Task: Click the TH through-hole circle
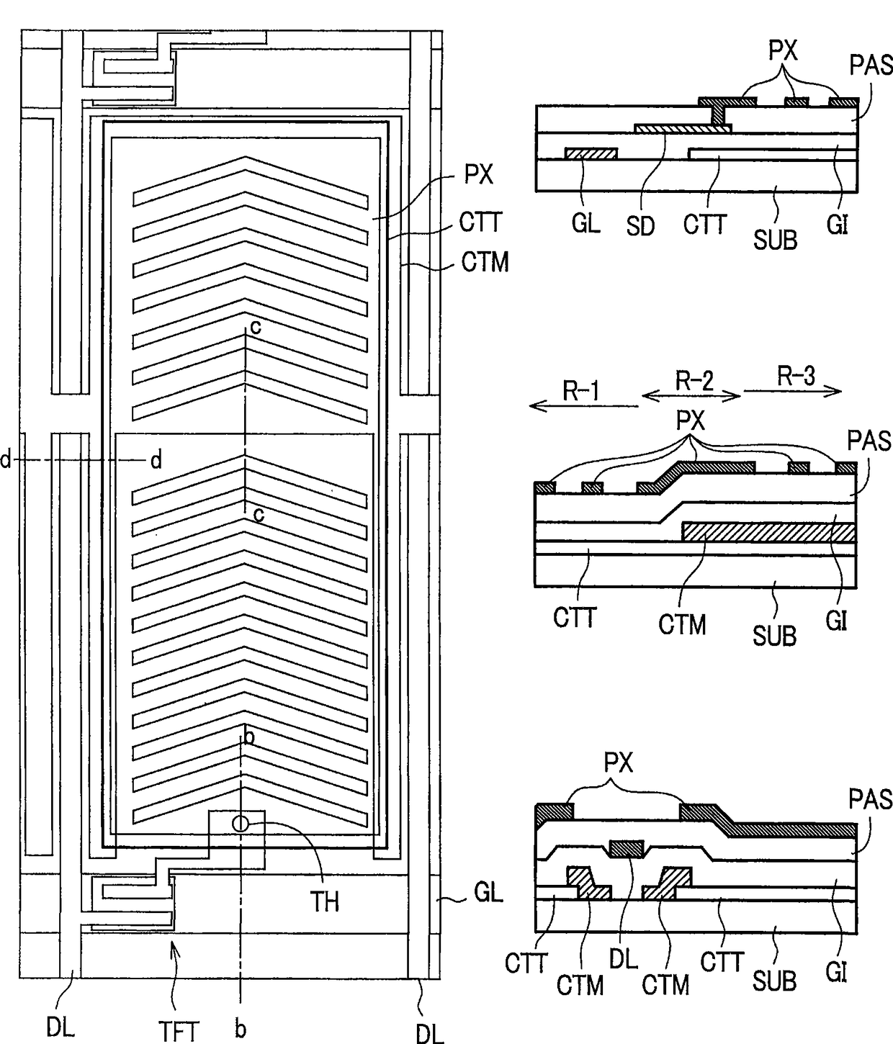240,823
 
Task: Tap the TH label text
325,901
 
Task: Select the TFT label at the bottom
178,1031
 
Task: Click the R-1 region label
581,391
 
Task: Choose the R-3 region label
796,375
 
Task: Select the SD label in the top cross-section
640,226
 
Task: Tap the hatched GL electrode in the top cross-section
591,153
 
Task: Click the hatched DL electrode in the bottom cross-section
626,849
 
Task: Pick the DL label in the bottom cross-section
624,960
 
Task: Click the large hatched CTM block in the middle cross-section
768,532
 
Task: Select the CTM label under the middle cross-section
681,624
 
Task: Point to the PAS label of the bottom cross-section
870,799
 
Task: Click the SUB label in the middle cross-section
775,635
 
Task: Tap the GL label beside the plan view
488,893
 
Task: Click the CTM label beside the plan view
485,262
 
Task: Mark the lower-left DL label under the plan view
61,1027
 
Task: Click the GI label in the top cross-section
837,225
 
